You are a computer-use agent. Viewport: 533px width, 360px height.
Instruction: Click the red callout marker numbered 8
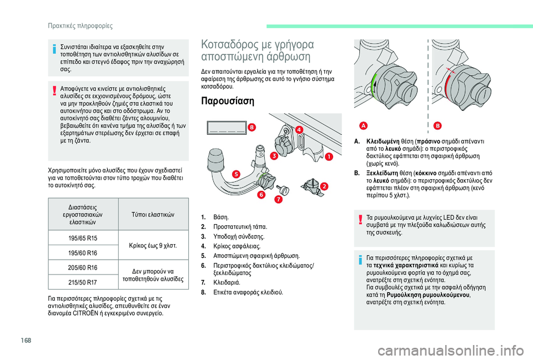(x=253, y=128)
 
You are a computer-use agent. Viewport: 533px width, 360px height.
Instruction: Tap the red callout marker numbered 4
(x=299, y=130)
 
